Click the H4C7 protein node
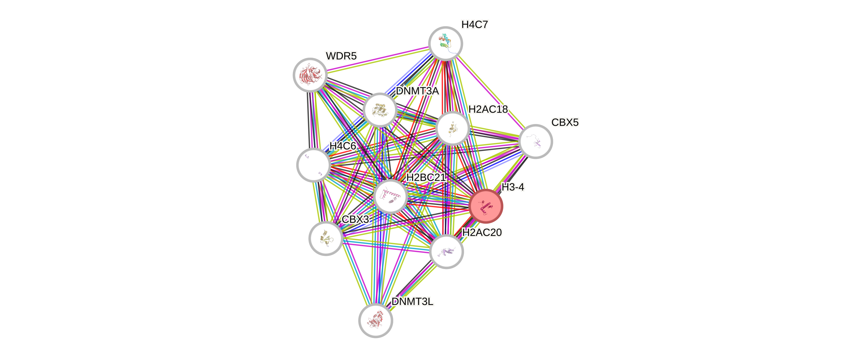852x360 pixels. pos(445,43)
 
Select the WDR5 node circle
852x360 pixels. pos(310,75)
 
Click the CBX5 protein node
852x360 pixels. pos(535,141)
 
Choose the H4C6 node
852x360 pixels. pos(313,165)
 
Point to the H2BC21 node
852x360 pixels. pos(390,197)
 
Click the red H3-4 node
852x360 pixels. pos(486,206)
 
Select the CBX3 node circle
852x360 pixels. pos(325,238)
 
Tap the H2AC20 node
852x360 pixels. pos(446,251)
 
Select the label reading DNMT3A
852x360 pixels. pos(417,91)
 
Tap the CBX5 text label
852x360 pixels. pos(565,122)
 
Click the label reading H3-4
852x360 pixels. pos(513,187)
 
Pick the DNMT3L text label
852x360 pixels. pos(412,302)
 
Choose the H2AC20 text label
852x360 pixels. pos(482,233)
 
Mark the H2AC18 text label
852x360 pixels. pos(488,109)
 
